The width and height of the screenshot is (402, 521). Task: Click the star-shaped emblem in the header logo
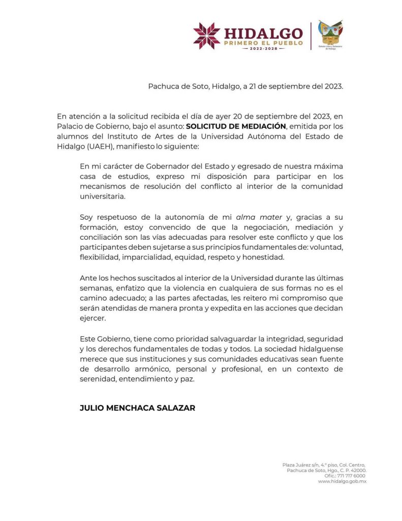[x=206, y=36]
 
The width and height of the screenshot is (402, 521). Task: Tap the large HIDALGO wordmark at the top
[x=263, y=33]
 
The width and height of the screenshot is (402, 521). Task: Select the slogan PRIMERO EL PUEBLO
[x=263, y=44]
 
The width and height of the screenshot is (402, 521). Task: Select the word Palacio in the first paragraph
[x=71, y=127]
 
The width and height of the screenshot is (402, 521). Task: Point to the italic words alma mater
[x=259, y=217]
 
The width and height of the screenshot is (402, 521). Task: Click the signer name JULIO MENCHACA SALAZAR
[x=137, y=408]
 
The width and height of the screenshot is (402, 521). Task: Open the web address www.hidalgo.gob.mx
[x=342, y=481]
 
